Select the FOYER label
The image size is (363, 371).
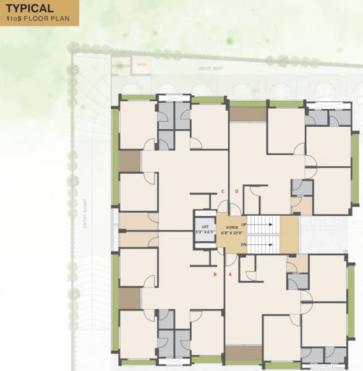tap(232, 228)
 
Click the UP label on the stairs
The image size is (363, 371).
tap(244, 223)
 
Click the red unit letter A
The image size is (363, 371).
tap(230, 273)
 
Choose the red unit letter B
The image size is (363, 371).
tap(215, 273)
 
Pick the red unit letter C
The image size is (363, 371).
tap(223, 191)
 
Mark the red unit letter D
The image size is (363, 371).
tap(237, 191)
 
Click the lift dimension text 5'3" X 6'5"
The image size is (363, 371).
tap(205, 232)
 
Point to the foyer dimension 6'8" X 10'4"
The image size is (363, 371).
tap(232, 233)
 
